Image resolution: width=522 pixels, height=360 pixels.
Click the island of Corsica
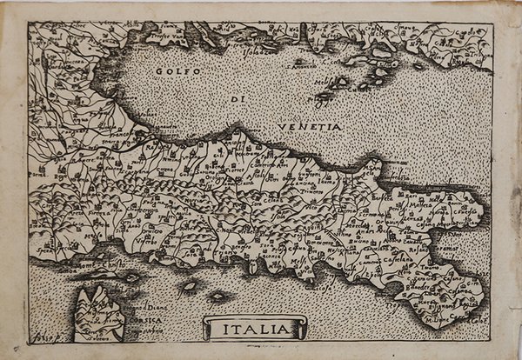point(100,313)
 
